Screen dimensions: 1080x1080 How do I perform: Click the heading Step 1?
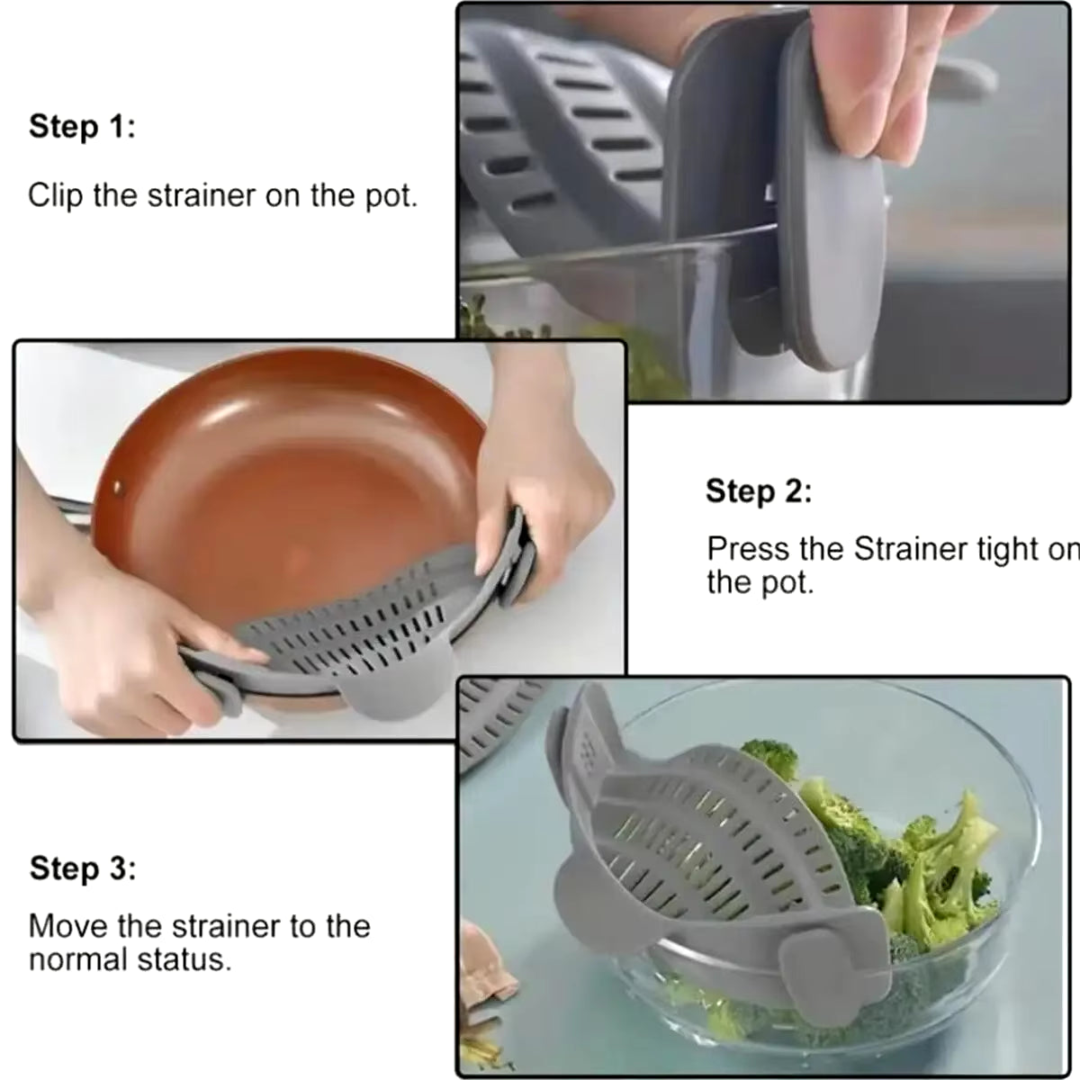tap(82, 127)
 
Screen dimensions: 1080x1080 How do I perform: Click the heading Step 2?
tap(758, 492)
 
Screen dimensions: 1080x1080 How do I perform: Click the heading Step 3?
tap(82, 869)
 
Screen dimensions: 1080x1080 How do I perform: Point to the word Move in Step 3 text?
tap(66, 926)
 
